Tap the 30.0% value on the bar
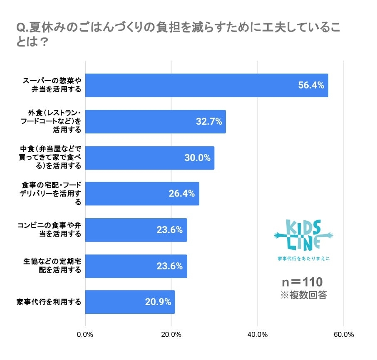point(197,158)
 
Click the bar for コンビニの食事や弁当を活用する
point(136,230)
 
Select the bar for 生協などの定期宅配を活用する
point(136,266)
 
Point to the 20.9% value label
point(158,302)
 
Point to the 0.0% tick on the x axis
point(85,335)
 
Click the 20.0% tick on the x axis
point(171,335)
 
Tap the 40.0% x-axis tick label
point(258,335)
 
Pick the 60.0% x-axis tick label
point(344,335)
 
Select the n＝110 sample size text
point(302,282)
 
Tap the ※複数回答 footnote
point(303,296)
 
